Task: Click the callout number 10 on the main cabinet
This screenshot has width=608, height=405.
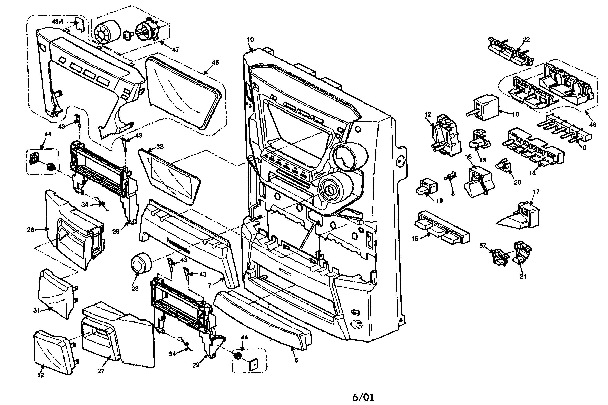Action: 250,39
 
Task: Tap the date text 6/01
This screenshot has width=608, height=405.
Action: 363,397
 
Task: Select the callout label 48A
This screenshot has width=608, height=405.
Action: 58,22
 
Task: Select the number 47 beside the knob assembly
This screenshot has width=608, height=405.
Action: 175,50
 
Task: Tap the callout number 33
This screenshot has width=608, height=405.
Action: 160,146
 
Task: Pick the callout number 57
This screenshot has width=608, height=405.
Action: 483,246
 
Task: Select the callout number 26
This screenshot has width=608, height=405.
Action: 30,230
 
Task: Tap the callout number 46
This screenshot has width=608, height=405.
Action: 592,125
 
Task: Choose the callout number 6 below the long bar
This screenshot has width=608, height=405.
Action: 296,360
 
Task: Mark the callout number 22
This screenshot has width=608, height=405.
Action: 526,40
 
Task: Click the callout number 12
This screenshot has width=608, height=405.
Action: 428,114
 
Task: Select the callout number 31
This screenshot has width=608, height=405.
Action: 36,310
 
